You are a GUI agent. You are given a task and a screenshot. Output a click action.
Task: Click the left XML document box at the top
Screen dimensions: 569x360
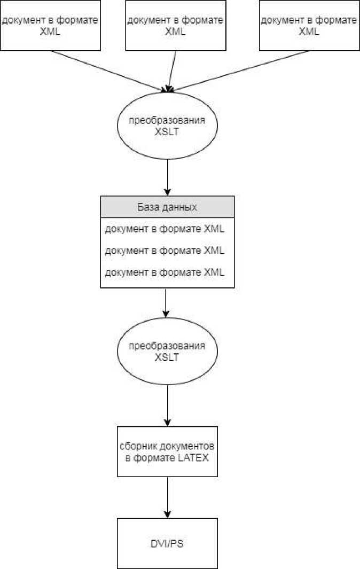[x=51, y=26]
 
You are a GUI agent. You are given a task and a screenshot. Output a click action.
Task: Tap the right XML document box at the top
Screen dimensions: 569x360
[x=309, y=26]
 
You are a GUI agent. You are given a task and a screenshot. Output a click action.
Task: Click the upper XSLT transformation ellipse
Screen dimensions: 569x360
[x=168, y=126]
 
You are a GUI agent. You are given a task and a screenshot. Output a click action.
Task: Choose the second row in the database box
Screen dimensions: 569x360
[x=165, y=251]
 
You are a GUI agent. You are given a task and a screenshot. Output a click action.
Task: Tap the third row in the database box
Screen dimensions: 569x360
[x=165, y=272]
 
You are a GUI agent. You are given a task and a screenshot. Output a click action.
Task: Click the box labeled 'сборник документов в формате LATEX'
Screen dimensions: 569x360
[x=168, y=451]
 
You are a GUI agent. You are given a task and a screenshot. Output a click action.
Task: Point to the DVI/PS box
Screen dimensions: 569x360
[x=168, y=543]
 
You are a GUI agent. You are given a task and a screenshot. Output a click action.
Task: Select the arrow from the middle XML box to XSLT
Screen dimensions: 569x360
[x=172, y=69]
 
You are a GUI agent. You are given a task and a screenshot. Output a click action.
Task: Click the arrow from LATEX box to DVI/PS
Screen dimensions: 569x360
[x=168, y=497]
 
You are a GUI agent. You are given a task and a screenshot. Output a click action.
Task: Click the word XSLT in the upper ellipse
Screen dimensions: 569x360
[x=168, y=131]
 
